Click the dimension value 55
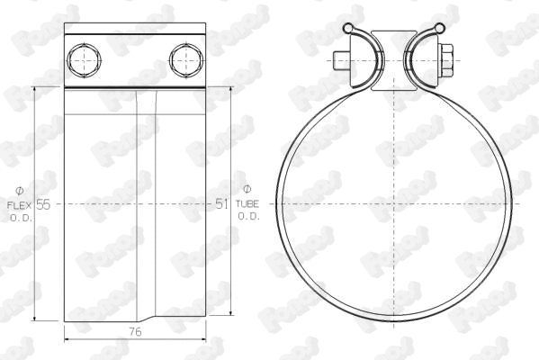coord(43,204)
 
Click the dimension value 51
coord(222,204)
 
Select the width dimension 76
coord(135,332)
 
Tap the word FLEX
coord(19,205)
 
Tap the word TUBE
coord(248,205)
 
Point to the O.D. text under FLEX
coord(20,218)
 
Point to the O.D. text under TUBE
coord(248,217)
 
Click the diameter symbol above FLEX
coord(20,190)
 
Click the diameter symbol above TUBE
coord(248,189)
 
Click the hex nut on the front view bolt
coord(443,61)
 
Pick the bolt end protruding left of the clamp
coord(338,61)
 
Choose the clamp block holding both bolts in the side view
coord(135,59)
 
